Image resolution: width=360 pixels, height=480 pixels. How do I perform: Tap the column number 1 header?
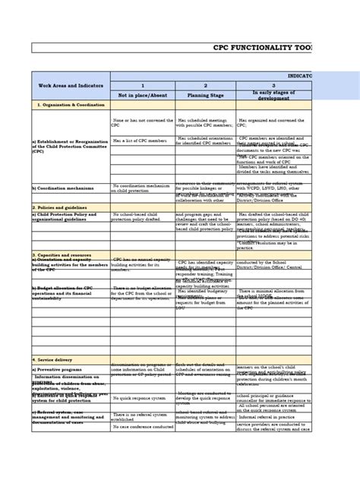tap(142, 86)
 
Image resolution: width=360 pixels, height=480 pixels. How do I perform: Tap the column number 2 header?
tap(205, 86)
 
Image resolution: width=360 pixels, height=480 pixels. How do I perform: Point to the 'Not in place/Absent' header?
tap(142, 96)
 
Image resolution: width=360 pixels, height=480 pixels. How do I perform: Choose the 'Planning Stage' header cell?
tap(205, 96)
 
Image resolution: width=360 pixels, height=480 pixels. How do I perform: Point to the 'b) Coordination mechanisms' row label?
tap(65, 188)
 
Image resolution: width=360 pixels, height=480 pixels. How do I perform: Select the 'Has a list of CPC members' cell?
tap(139, 141)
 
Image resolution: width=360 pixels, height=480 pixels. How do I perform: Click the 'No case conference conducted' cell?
tap(141, 426)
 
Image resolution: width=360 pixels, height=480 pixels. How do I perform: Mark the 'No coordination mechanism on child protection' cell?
tap(142, 188)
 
